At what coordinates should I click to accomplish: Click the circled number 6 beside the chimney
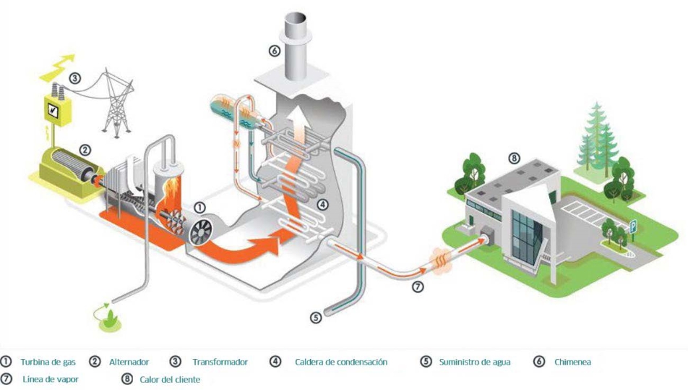[x=273, y=51]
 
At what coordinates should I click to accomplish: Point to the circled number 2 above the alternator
[x=85, y=151]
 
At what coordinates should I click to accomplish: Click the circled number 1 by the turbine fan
[x=199, y=208]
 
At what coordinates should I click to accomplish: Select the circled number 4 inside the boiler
[x=323, y=204]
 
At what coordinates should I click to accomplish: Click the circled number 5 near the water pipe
[x=315, y=316]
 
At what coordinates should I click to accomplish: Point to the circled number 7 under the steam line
[x=417, y=287]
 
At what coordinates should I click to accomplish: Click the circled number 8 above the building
[x=514, y=158]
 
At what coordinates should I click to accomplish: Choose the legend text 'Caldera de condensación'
[x=341, y=362]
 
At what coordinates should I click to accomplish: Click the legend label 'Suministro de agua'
[x=474, y=362]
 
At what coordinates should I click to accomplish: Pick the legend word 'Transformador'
[x=220, y=362]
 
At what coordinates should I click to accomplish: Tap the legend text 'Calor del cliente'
[x=171, y=379]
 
